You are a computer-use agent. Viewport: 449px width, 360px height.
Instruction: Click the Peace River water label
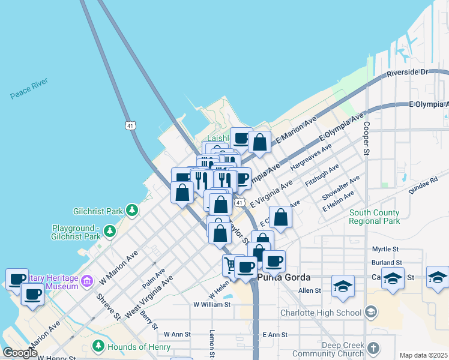tap(29, 88)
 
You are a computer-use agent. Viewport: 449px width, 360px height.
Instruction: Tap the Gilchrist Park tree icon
tap(131, 211)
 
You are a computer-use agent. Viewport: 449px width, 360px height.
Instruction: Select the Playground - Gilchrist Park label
tap(76, 232)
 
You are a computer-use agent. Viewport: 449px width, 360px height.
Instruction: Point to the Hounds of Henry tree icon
tap(98, 346)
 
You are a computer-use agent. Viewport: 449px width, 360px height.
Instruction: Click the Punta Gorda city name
tap(284, 278)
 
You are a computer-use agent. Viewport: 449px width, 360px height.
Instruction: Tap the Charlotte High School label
tap(321, 312)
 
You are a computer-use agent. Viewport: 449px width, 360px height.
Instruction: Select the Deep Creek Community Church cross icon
tap(373, 348)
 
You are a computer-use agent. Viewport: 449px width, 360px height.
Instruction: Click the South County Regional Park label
tap(374, 217)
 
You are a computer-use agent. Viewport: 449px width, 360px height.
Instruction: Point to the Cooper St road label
tap(365, 139)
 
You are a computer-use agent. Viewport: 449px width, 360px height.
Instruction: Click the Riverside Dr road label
tap(410, 72)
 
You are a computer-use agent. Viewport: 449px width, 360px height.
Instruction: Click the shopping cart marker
tap(230, 263)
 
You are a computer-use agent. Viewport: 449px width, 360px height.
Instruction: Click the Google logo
tap(20, 353)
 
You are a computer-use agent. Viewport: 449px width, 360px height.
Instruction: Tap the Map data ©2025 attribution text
tap(423, 355)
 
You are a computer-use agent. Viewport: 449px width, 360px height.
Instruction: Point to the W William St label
tap(212, 305)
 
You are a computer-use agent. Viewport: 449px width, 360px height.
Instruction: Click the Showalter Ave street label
tap(341, 188)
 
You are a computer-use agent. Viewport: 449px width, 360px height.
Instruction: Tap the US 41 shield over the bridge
tap(130, 125)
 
